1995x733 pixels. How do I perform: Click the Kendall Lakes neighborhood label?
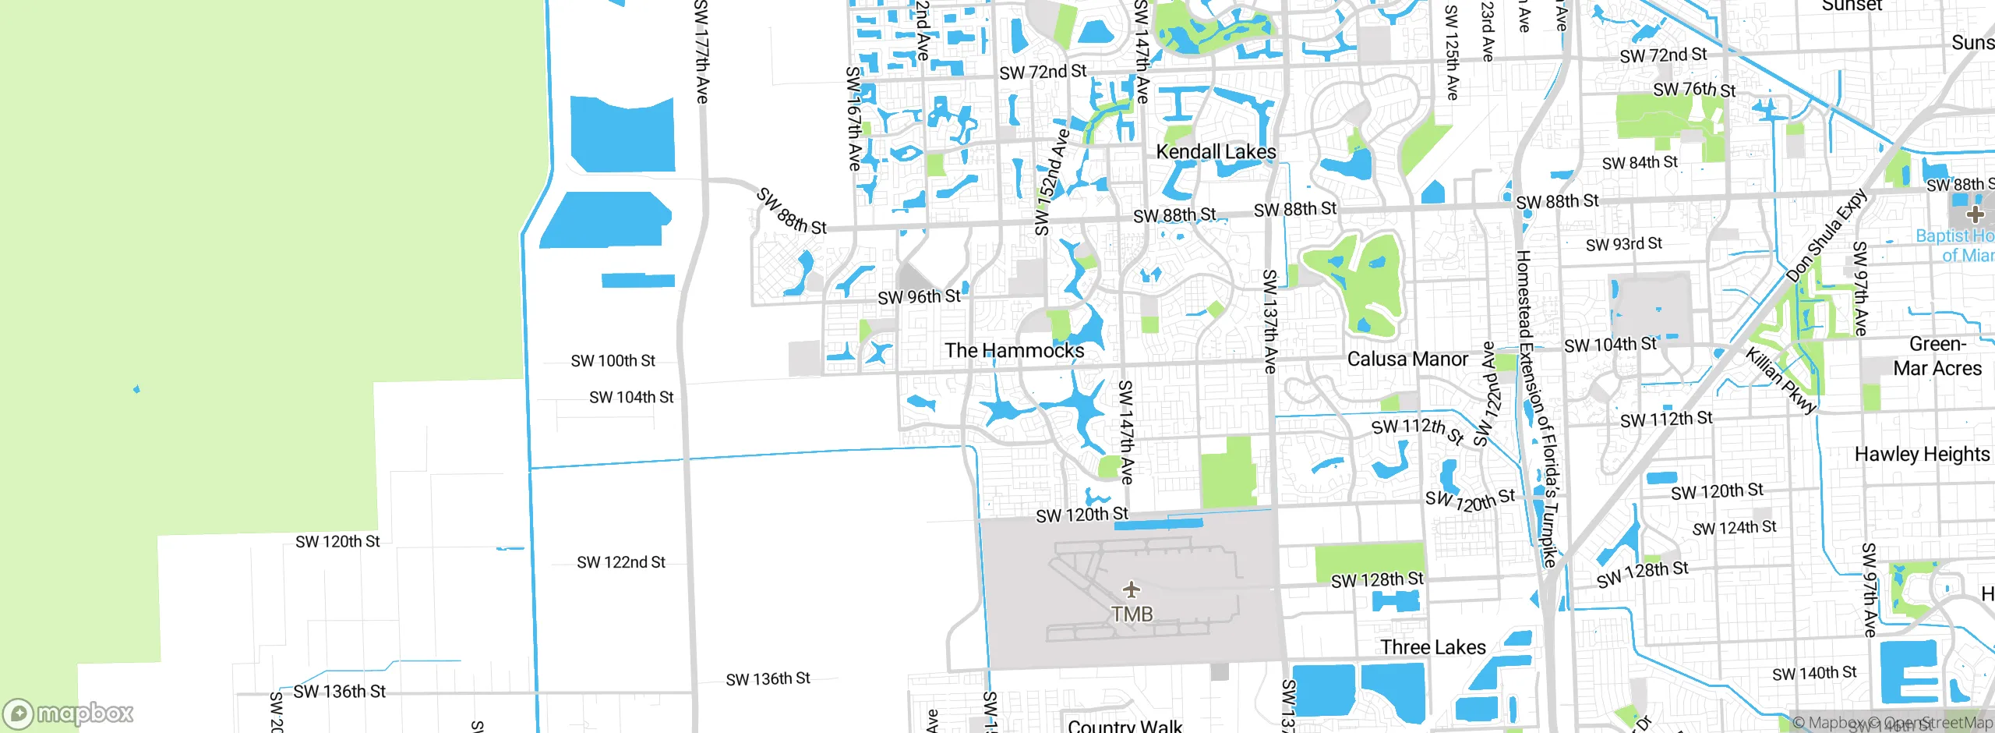(x=1216, y=151)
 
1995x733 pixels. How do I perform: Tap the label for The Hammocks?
(x=1014, y=351)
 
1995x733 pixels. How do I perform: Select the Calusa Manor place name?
(x=1407, y=359)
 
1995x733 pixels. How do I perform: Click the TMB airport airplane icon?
(x=1132, y=590)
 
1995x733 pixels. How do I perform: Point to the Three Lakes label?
(x=1432, y=647)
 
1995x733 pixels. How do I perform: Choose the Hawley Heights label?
(x=1922, y=454)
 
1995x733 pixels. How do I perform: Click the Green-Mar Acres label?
(x=1937, y=356)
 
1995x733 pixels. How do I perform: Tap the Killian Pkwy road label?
(x=1781, y=381)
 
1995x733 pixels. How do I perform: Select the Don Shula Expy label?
(x=1827, y=235)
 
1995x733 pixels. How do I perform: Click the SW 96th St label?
(x=919, y=297)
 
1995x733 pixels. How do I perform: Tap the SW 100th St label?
(x=613, y=361)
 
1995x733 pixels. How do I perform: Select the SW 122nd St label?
(x=620, y=562)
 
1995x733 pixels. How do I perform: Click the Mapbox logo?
(x=69, y=714)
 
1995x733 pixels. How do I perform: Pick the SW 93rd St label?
(x=1623, y=244)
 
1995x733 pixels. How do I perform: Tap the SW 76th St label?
(x=1694, y=90)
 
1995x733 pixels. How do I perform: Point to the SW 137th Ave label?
(x=1269, y=320)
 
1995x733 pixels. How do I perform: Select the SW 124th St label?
(x=1734, y=528)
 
